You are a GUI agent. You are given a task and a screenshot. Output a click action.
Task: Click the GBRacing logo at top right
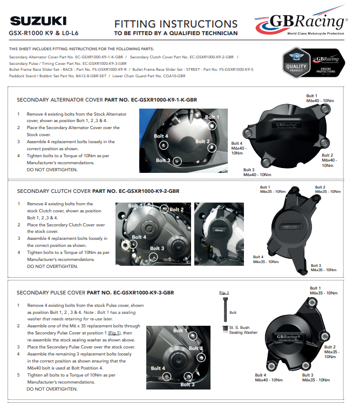pyautogui.click(x=301, y=23)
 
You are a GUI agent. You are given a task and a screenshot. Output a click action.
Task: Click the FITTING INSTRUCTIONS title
pyautogui.click(x=175, y=24)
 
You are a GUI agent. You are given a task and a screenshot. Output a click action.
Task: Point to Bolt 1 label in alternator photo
pyautogui.click(x=212, y=117)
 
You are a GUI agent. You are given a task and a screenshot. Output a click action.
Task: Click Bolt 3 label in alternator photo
pyautogui.click(x=164, y=160)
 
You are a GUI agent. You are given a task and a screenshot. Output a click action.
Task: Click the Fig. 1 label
pyautogui.click(x=224, y=292)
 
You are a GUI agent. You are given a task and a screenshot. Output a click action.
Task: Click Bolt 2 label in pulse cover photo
pyautogui.click(x=196, y=348)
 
